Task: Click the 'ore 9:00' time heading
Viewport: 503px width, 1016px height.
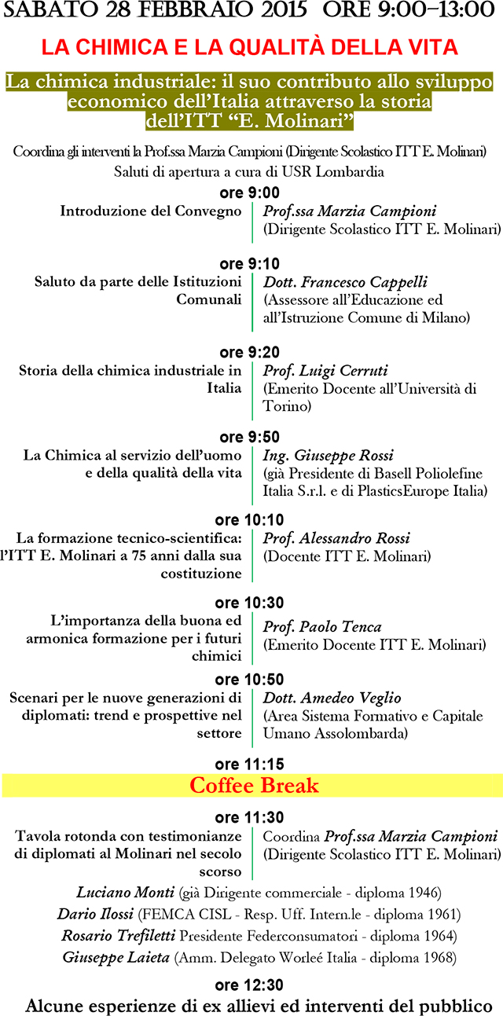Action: tap(249, 193)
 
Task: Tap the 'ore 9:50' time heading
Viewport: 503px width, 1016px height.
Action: tap(249, 437)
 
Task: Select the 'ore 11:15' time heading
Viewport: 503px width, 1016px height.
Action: tap(249, 763)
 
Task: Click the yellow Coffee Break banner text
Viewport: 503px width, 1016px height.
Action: tap(254, 785)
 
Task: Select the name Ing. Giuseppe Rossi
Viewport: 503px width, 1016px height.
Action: tap(328, 456)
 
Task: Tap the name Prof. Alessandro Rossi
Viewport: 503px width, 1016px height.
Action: tap(336, 539)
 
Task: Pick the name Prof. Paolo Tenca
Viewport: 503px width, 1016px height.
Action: tap(322, 626)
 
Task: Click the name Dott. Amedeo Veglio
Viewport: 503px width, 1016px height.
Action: tap(332, 698)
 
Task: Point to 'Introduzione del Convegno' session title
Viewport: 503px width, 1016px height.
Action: tap(151, 211)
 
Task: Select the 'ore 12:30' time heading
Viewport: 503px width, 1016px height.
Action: tap(249, 985)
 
